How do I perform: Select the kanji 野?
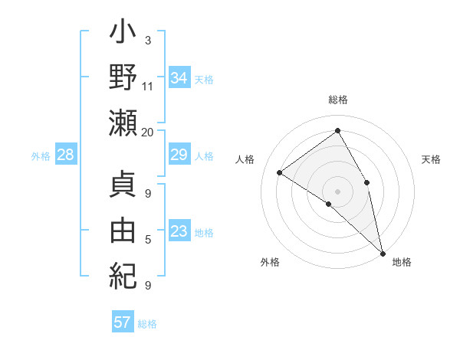click(123, 79)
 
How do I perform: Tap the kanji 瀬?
click(123, 123)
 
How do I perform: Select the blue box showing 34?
click(179, 77)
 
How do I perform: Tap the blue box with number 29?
click(179, 155)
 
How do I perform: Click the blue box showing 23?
click(179, 231)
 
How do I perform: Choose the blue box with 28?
click(65, 155)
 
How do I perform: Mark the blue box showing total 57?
click(122, 322)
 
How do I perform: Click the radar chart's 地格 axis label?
click(402, 262)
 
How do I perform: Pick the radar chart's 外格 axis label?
click(270, 262)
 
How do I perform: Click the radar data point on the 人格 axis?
click(279, 172)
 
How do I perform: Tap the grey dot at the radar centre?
click(337, 190)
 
